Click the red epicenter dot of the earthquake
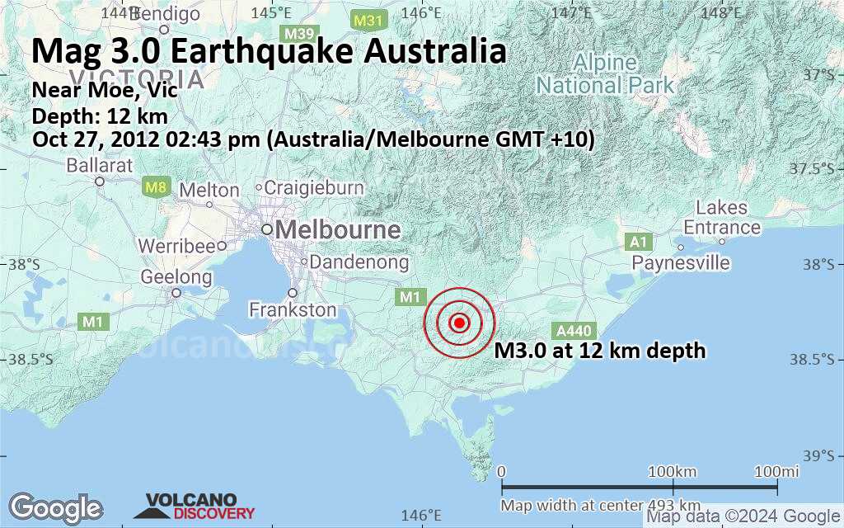click(x=460, y=323)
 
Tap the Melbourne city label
click(x=338, y=229)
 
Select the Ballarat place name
click(x=100, y=165)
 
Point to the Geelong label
click(x=176, y=277)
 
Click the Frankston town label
click(x=293, y=310)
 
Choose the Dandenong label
click(x=359, y=262)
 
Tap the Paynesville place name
click(x=681, y=262)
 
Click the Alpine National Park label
click(x=605, y=73)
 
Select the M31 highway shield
click(x=367, y=19)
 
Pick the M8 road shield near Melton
click(x=156, y=187)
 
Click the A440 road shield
click(x=573, y=331)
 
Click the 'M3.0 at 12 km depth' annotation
click(x=600, y=351)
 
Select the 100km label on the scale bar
click(x=673, y=471)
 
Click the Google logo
click(x=55, y=507)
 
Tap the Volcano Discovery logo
click(x=200, y=506)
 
